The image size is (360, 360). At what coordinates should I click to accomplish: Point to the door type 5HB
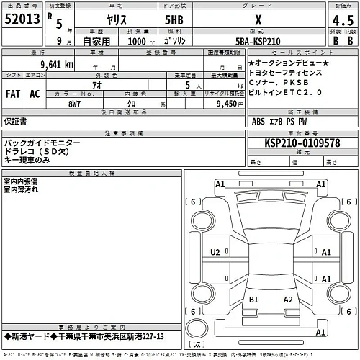tap(174, 21)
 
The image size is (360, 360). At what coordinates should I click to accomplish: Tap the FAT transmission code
tap(13, 94)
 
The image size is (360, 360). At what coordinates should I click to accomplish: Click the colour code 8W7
tap(74, 103)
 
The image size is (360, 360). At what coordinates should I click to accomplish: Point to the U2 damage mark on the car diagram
tap(215, 252)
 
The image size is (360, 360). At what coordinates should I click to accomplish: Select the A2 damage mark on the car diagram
tap(287, 299)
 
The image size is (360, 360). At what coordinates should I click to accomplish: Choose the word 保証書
tap(16, 122)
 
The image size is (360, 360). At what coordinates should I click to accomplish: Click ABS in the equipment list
tap(258, 122)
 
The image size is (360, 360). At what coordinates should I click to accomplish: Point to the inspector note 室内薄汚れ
tap(22, 189)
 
